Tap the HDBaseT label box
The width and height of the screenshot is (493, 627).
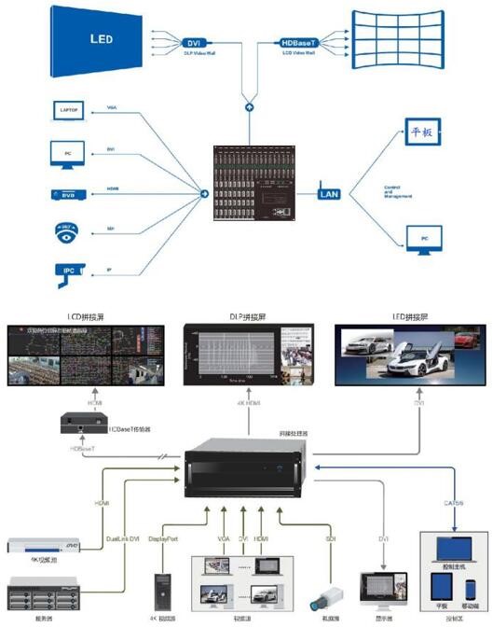302,43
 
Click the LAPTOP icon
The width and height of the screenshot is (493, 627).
71,111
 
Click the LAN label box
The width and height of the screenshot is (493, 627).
329,194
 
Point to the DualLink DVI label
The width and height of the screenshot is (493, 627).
124,538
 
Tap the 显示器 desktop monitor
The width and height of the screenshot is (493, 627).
383,586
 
